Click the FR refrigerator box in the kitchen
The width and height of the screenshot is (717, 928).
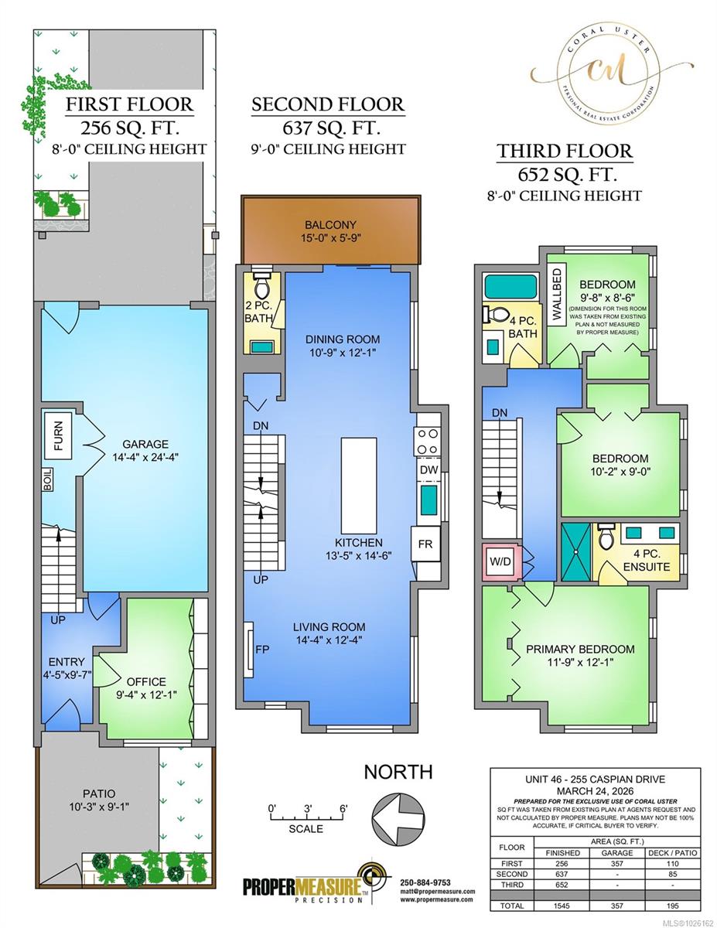tap(425, 544)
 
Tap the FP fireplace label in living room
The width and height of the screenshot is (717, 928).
tap(262, 648)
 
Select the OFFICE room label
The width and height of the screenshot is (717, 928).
tap(146, 681)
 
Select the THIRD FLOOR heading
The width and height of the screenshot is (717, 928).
tap(564, 151)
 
